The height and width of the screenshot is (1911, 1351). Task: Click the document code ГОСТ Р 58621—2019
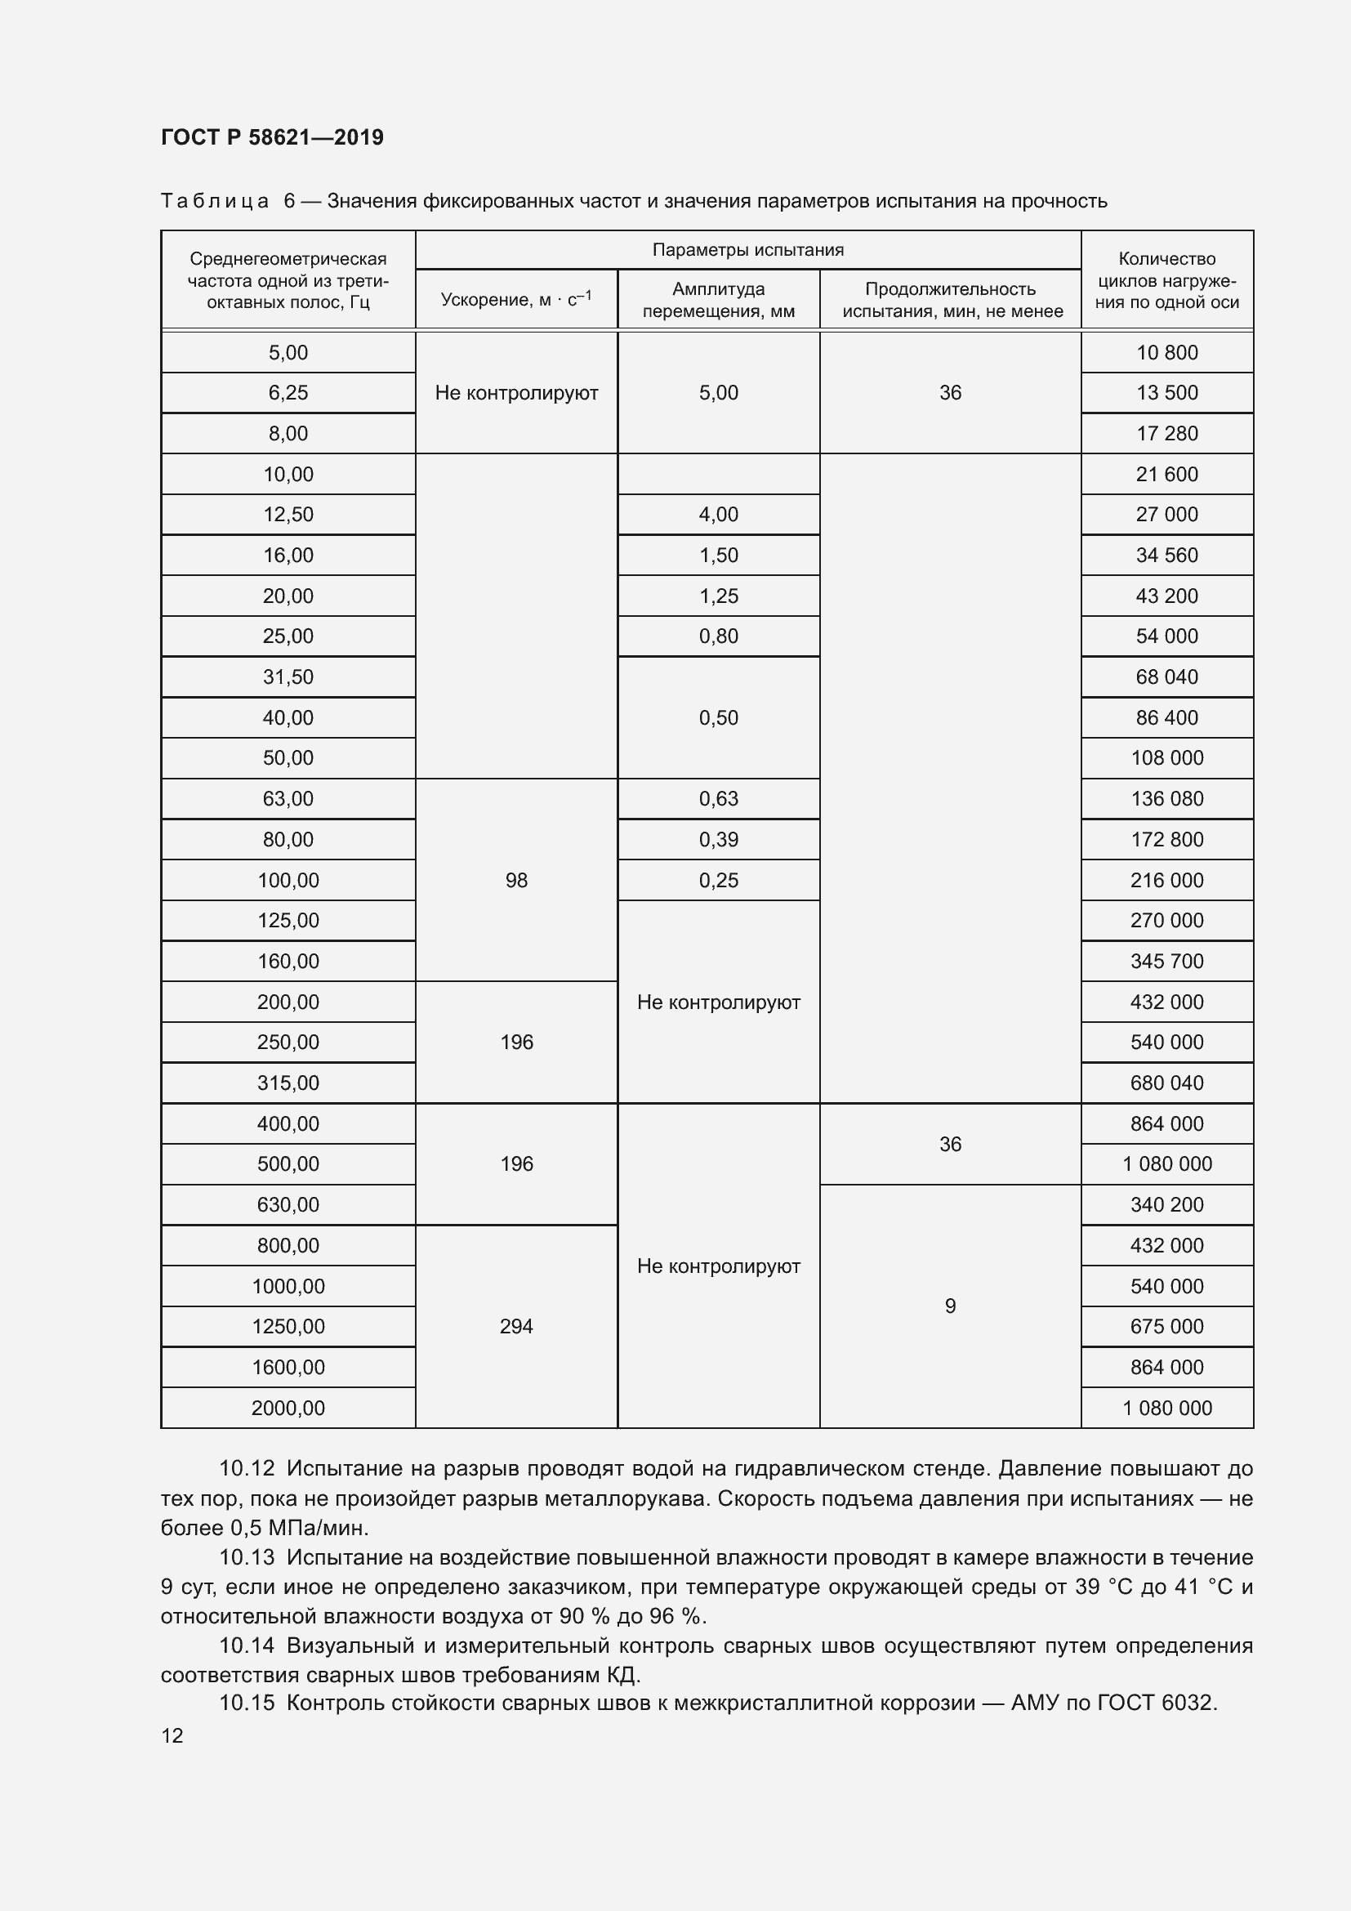click(x=272, y=137)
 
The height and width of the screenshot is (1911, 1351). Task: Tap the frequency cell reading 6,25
click(x=288, y=393)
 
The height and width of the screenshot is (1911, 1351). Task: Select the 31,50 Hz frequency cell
click(x=288, y=676)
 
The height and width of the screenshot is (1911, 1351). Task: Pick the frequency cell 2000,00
click(x=288, y=1408)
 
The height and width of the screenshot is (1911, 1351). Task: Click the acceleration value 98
click(x=515, y=880)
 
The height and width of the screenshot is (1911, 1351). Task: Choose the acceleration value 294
click(x=515, y=1326)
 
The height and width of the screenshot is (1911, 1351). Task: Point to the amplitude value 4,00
click(x=718, y=515)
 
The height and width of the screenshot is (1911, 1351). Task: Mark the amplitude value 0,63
click(x=718, y=798)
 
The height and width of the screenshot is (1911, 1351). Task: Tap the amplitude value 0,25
click(x=718, y=880)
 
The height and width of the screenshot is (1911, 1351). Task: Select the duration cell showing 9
click(x=950, y=1306)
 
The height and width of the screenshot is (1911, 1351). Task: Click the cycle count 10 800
click(x=1166, y=352)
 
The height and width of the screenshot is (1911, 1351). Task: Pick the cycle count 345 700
click(x=1166, y=962)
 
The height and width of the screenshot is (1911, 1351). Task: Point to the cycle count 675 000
click(x=1166, y=1326)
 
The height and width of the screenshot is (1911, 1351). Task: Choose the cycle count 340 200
click(x=1166, y=1204)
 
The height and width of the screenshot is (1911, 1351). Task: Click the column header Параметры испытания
click(x=747, y=250)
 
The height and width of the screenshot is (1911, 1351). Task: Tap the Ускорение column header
click(x=515, y=300)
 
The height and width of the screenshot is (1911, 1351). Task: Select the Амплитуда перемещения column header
click(x=718, y=300)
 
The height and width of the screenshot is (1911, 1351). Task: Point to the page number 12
click(x=172, y=1735)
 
